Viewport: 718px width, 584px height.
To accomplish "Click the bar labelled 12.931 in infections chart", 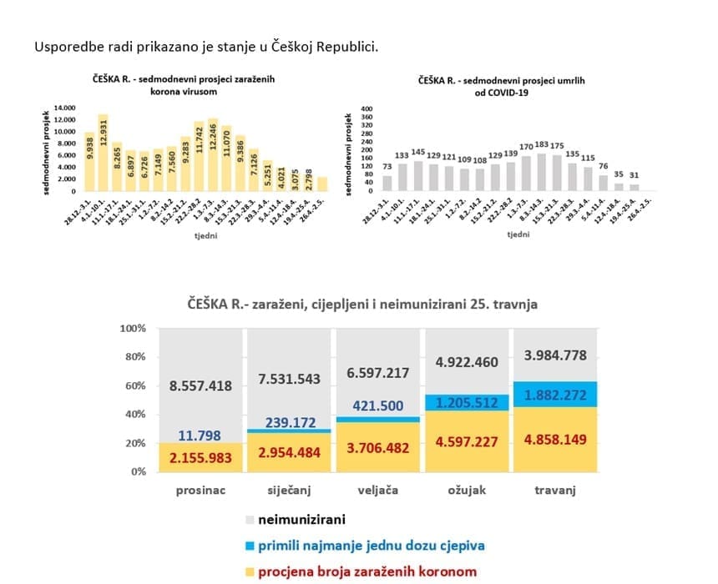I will click(x=103, y=154).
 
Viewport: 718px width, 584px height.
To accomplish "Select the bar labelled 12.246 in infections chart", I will click(x=213, y=156).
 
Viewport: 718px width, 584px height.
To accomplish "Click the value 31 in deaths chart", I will click(x=633, y=175).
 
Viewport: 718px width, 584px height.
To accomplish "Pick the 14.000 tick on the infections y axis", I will click(x=64, y=108).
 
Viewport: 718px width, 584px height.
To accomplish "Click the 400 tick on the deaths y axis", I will click(x=365, y=108).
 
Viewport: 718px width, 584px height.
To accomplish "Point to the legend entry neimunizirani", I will click(x=301, y=521).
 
